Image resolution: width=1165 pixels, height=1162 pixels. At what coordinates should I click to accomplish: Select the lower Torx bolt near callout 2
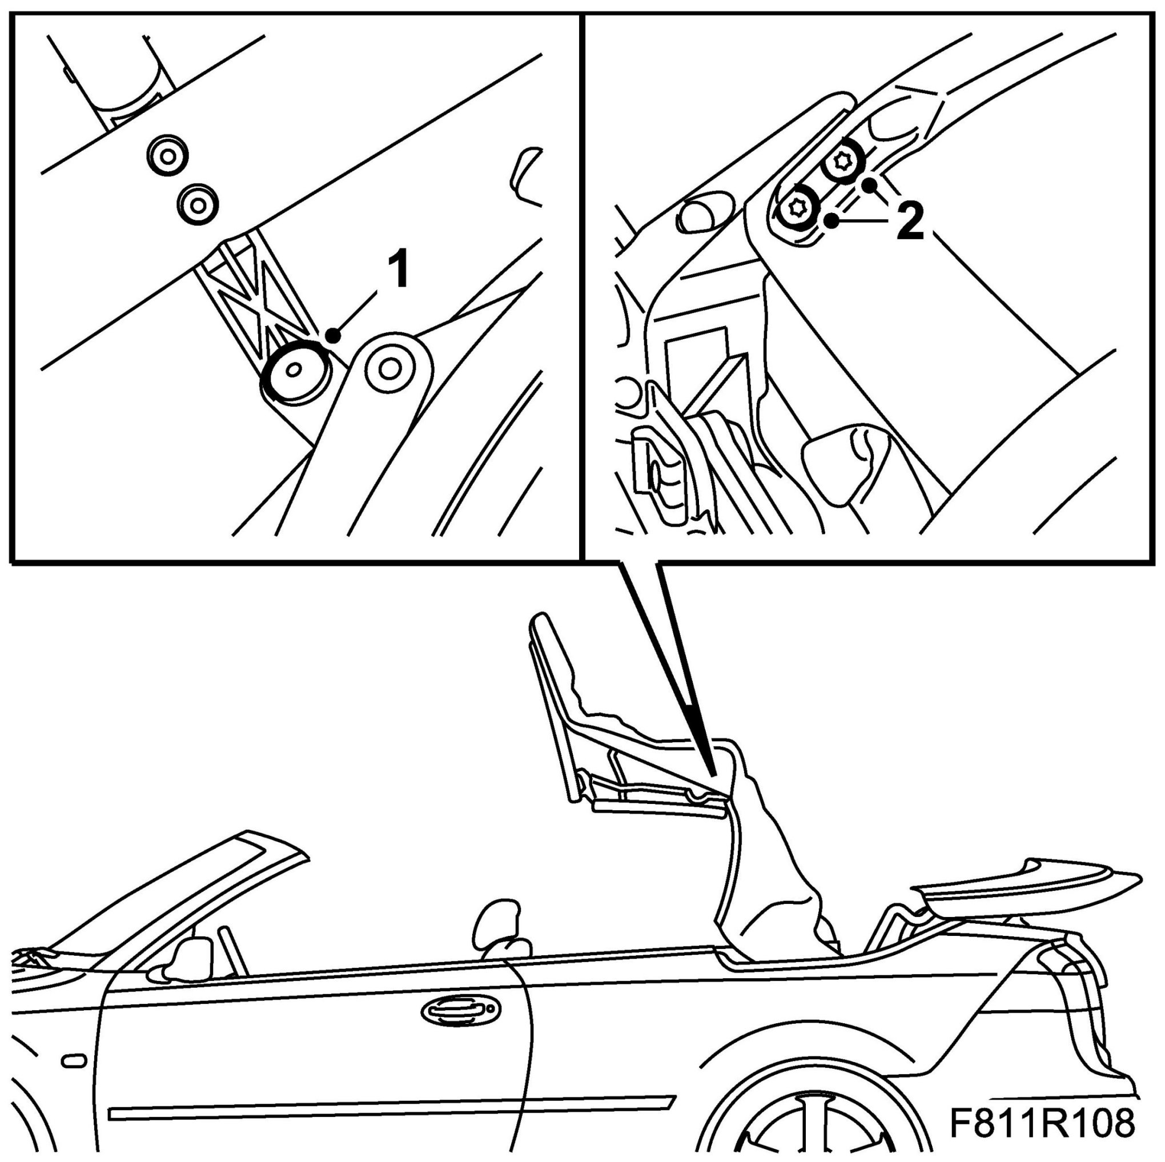[x=797, y=208]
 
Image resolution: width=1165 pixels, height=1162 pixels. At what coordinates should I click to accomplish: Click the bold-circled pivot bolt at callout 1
[x=294, y=370]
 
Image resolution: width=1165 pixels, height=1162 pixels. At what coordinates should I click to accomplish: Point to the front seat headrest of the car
[x=499, y=922]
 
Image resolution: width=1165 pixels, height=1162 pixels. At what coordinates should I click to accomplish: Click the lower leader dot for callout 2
[x=833, y=222]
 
